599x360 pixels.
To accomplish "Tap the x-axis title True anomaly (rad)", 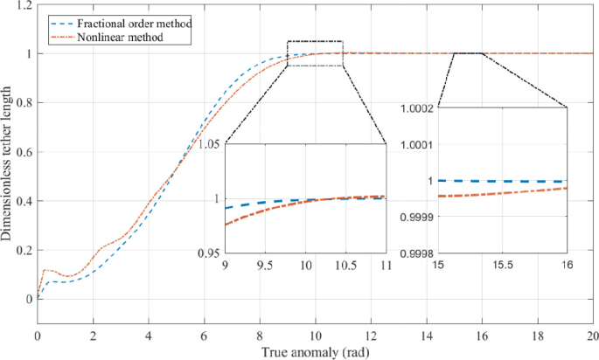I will [315, 352].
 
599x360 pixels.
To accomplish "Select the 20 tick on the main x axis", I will [592, 336].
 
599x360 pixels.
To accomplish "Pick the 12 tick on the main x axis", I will [371, 336].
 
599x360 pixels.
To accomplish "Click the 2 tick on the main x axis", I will [93, 336].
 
